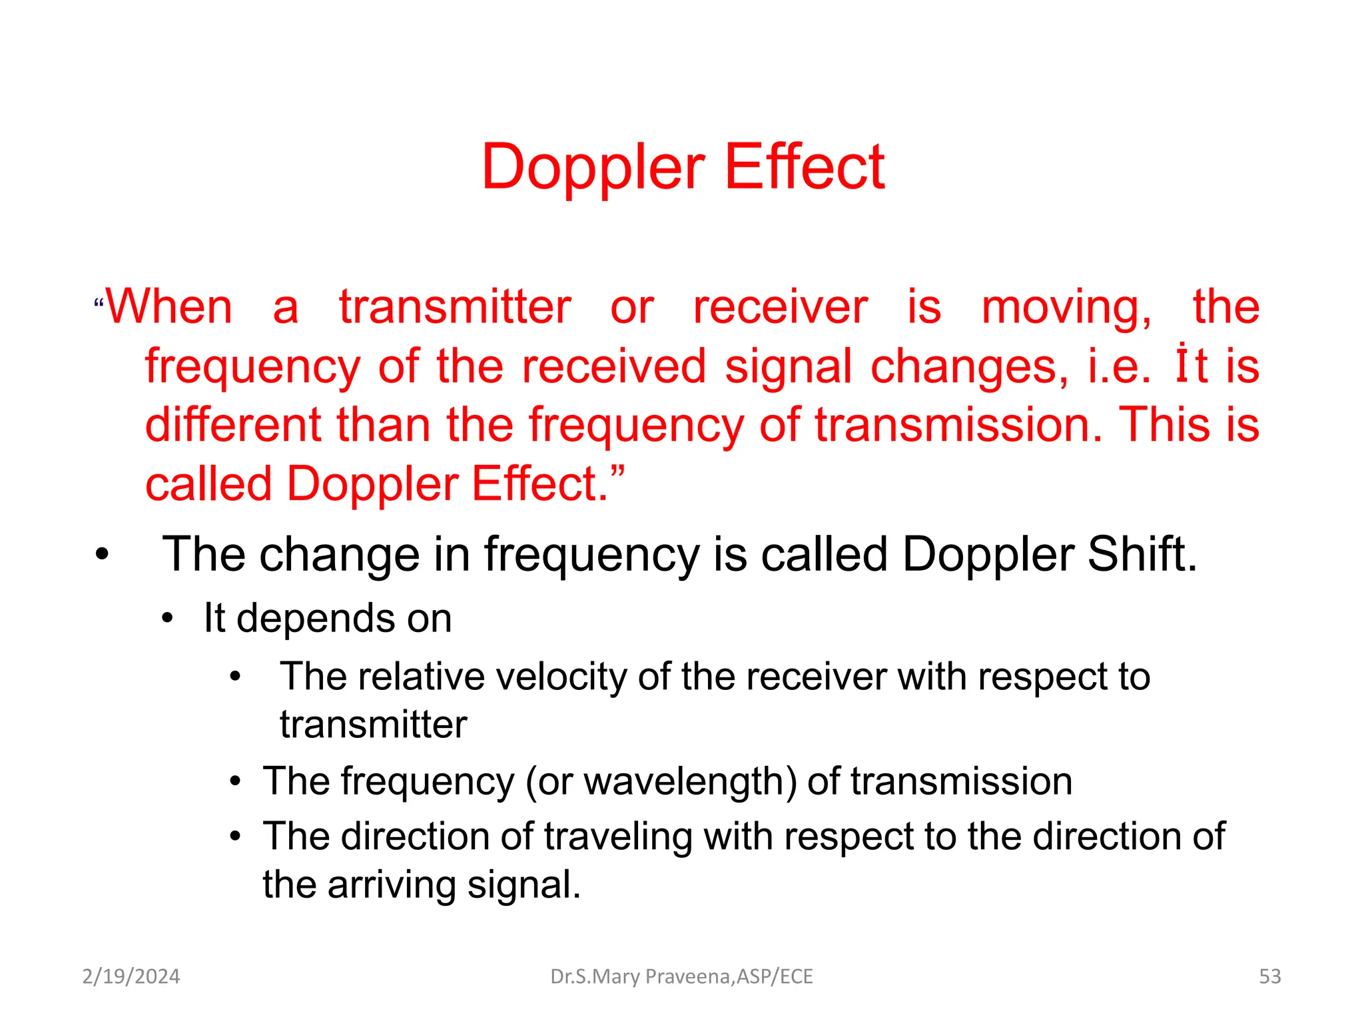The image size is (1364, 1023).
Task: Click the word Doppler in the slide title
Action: (593, 168)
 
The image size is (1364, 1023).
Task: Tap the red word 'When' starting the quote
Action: (170, 307)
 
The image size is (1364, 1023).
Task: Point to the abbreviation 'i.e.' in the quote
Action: (1119, 367)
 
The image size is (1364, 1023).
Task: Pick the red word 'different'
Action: (233, 425)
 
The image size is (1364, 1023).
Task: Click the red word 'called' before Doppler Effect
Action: (208, 484)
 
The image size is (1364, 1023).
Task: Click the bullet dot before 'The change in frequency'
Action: (101, 555)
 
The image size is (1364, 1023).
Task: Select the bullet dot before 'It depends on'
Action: (167, 619)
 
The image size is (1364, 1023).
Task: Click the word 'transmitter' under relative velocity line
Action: (373, 725)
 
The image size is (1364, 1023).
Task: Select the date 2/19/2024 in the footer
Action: (131, 976)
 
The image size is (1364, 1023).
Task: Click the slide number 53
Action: (1269, 976)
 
